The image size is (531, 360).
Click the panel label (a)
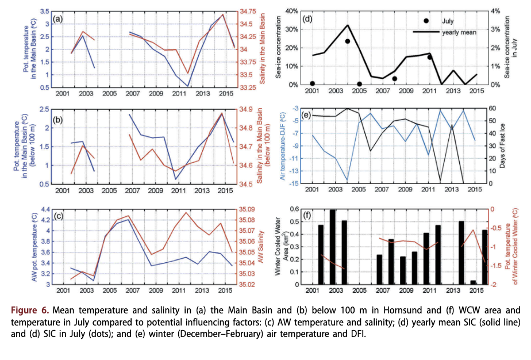(x=57, y=19)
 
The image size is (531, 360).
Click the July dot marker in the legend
(x=426, y=21)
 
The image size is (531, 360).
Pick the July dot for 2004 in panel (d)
(x=348, y=41)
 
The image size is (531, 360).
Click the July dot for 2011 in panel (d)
(x=430, y=57)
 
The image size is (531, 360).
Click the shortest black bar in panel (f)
(x=474, y=282)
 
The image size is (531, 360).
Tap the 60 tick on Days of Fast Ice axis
(x=492, y=108)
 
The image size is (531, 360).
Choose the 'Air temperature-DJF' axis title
(x=282, y=146)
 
